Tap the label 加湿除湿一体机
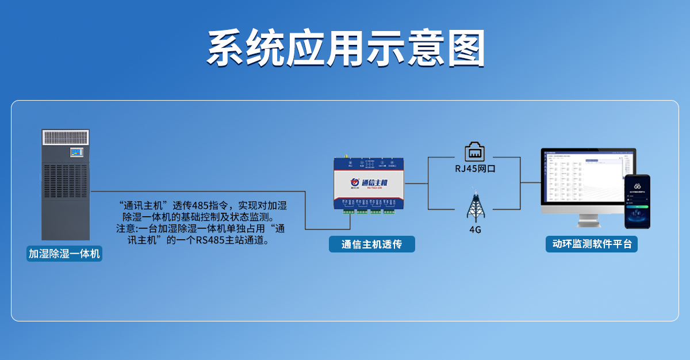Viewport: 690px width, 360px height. pyautogui.click(x=64, y=254)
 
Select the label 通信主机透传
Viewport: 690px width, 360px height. pyautogui.click(x=371, y=244)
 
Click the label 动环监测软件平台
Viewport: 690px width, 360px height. pyautogui.click(x=592, y=244)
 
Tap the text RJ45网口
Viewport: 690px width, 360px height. pyautogui.click(x=475, y=169)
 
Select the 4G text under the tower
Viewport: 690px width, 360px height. pyautogui.click(x=475, y=230)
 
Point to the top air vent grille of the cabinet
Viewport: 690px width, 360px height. pyautogui.click(x=66, y=137)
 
